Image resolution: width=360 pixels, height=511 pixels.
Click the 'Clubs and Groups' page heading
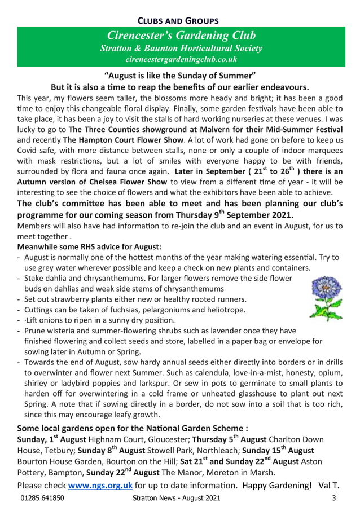180,21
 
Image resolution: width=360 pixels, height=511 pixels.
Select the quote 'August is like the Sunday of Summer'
180,76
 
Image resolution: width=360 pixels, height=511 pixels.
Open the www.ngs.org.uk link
100,486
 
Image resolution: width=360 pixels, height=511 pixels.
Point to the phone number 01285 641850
42,499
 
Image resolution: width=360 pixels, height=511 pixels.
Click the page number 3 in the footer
333,499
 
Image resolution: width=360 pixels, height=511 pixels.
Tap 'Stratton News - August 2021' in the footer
177,499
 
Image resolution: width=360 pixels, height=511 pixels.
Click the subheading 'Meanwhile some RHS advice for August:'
89,246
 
